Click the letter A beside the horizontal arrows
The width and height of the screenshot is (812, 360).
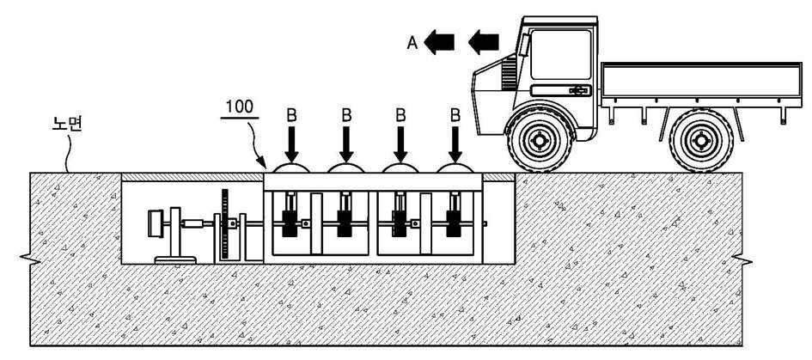(x=412, y=43)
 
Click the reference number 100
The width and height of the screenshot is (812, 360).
(x=239, y=107)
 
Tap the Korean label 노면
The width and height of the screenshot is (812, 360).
(x=67, y=125)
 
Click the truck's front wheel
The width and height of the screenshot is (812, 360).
(x=540, y=140)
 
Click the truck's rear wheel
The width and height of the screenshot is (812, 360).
(x=701, y=140)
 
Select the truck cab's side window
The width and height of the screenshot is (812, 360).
(x=560, y=54)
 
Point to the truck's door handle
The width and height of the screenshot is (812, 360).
(x=580, y=91)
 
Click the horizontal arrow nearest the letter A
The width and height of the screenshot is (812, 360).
(x=439, y=42)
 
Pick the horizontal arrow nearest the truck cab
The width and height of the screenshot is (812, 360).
(x=484, y=42)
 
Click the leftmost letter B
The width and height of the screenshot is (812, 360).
(x=291, y=115)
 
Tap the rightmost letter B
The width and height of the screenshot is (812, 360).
(x=455, y=115)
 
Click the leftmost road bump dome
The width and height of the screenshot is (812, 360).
(x=291, y=168)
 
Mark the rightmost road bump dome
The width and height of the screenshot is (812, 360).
(x=455, y=168)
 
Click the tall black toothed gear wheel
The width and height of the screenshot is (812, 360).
(x=225, y=224)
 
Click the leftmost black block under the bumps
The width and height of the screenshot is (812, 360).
(x=289, y=223)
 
